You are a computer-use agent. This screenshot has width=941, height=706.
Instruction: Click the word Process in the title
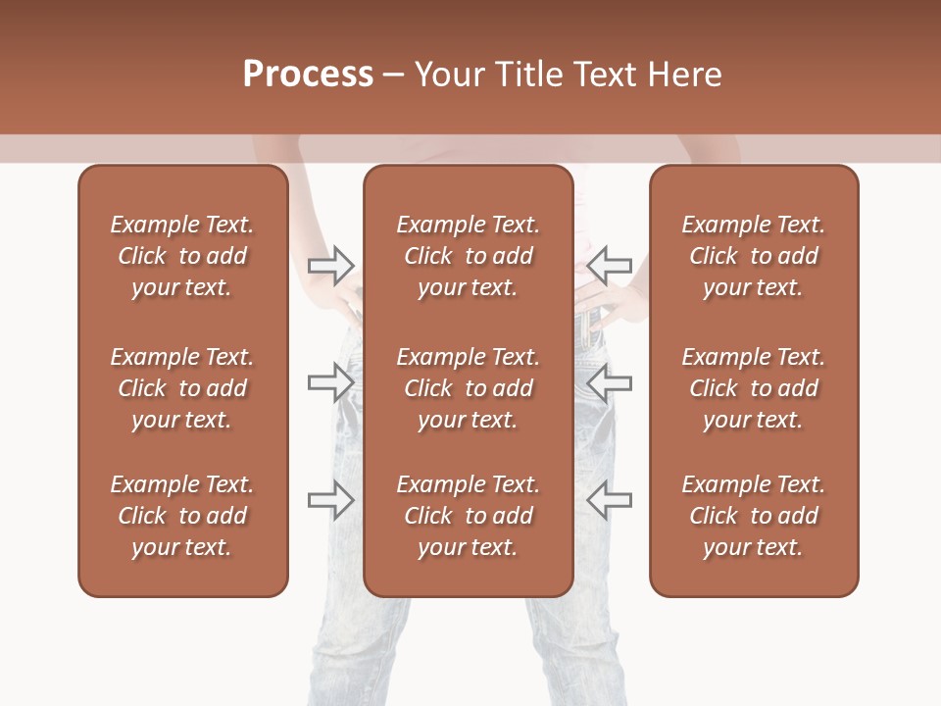(x=308, y=75)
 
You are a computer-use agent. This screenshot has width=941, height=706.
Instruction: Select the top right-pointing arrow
(x=331, y=265)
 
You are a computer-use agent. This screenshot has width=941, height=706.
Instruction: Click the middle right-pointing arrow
(x=331, y=382)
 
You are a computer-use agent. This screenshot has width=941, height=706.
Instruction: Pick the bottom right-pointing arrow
(x=331, y=500)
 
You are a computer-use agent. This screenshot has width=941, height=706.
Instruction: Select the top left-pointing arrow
(x=610, y=265)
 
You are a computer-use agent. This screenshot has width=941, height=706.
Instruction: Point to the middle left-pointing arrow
(x=610, y=382)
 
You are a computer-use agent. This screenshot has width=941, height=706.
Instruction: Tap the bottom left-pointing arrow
(x=610, y=500)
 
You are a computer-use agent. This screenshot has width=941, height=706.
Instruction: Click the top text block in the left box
(x=182, y=256)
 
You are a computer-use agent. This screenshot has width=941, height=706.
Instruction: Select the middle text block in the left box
(x=182, y=388)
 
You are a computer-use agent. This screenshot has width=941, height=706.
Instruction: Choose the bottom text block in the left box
(x=182, y=516)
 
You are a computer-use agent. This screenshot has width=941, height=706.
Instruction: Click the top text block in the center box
(x=469, y=256)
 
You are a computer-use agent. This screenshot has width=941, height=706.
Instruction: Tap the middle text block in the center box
(x=469, y=388)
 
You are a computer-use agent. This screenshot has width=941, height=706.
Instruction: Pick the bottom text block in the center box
(x=469, y=516)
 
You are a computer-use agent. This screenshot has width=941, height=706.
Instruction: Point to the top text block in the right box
(x=754, y=256)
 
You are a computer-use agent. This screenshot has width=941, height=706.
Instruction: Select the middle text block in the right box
(x=754, y=388)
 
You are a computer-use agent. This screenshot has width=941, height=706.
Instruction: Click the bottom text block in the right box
(x=754, y=516)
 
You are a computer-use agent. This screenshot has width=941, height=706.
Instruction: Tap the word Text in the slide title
(x=606, y=75)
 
